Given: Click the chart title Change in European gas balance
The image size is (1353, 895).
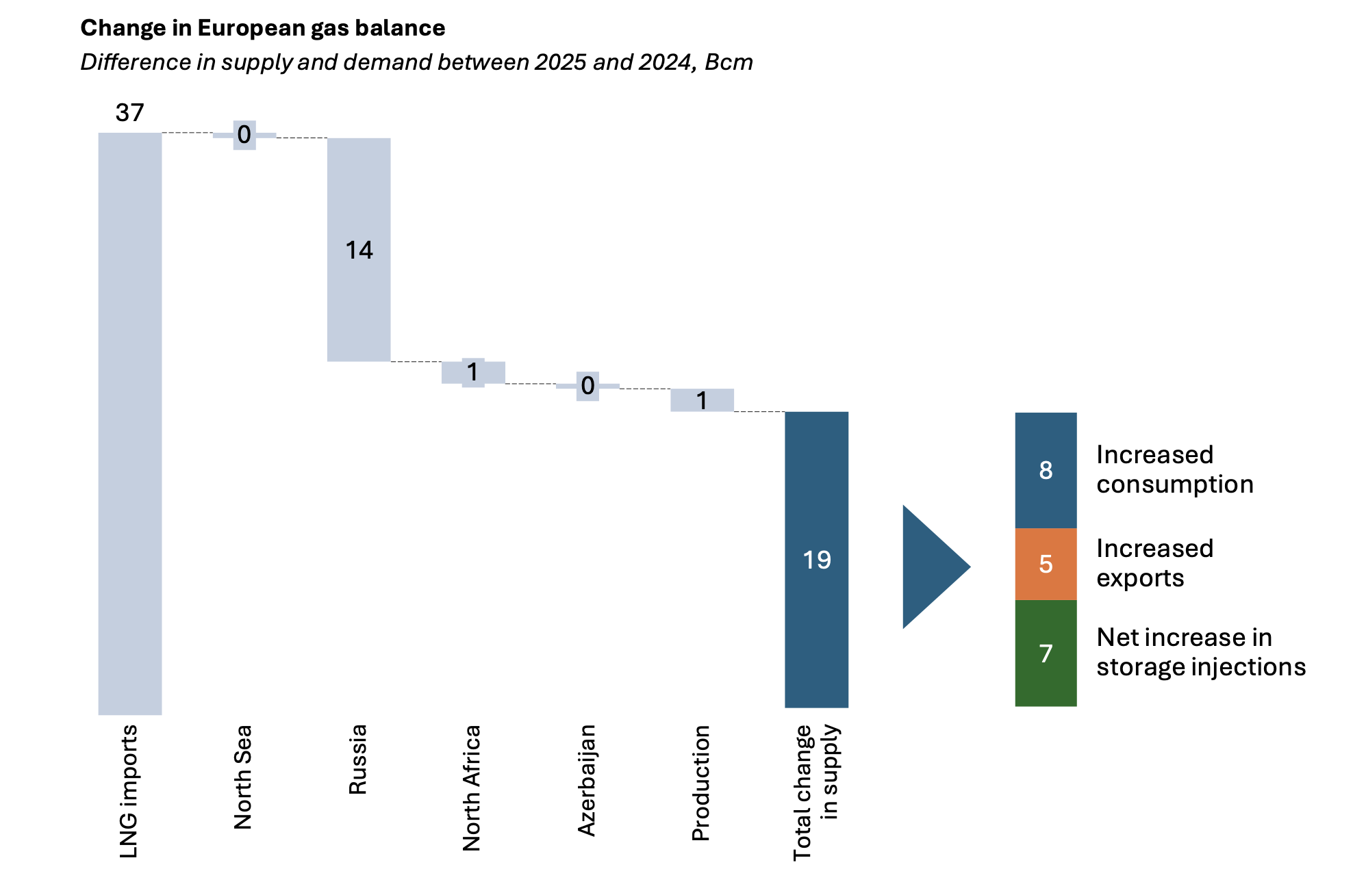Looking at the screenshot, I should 262,28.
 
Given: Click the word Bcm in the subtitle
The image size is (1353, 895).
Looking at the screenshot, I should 728,62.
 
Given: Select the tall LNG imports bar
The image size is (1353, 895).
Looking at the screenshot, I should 130,424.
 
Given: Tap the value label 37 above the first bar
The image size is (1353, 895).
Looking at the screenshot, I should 129,113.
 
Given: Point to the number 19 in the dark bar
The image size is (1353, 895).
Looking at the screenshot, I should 816,560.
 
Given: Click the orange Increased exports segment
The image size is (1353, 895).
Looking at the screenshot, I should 1045,564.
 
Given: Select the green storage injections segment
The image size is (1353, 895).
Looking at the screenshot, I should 1045,653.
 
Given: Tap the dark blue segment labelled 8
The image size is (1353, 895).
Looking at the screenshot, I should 1045,470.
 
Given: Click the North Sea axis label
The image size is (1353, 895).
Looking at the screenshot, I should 243,777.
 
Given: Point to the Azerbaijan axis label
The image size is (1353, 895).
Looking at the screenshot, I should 587,780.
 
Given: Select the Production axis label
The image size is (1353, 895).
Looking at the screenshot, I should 700,783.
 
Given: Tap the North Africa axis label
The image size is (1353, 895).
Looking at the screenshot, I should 472,788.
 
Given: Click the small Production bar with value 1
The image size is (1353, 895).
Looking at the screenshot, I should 702,400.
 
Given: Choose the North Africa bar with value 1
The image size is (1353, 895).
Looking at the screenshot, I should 473,372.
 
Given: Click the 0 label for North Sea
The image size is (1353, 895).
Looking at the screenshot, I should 244,135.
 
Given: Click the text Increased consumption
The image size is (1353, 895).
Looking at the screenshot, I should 1174,469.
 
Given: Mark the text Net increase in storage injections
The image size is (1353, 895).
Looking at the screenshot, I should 1200,652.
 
